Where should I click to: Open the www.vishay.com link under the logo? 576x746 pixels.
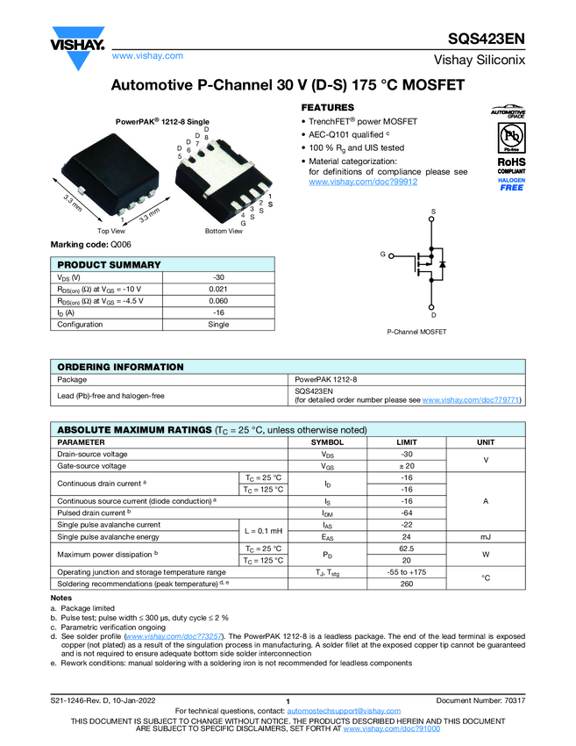point(147,55)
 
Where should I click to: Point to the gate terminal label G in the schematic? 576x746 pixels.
point(383,254)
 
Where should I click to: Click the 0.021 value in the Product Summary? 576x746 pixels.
point(218,289)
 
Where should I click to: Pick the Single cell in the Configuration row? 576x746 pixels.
point(218,324)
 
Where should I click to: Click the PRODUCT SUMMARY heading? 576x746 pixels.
point(109,265)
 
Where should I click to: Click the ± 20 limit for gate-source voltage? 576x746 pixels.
point(406,466)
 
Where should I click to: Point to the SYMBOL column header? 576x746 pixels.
point(328,442)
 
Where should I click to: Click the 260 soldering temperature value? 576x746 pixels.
point(406,583)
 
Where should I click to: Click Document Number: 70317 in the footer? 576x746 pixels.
point(480,699)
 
